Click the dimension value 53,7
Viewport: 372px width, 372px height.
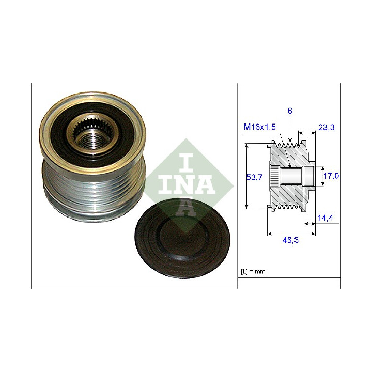click(x=254, y=177)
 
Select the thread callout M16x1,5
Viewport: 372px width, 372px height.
click(x=260, y=127)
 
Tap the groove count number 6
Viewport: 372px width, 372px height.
click(x=290, y=111)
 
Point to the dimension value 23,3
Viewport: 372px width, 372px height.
click(x=326, y=128)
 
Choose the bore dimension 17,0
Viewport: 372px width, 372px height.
click(x=331, y=176)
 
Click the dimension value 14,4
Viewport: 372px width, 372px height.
click(x=326, y=218)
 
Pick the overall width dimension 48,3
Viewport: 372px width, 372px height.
click(x=290, y=240)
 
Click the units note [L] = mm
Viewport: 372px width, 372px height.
click(x=253, y=271)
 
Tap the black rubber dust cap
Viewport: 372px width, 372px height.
click(x=182, y=238)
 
